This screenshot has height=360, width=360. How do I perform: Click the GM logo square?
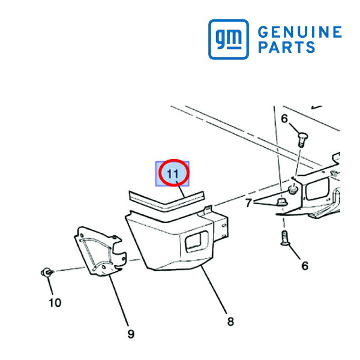229,40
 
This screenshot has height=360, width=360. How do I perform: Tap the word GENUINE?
300,32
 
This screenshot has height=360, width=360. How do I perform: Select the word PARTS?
287,47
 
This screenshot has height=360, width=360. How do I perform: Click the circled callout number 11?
173,174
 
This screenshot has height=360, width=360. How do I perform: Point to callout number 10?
55,303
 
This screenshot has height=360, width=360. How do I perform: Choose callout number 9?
131,334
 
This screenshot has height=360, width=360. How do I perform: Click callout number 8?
230,322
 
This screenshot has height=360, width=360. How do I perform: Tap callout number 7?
248,203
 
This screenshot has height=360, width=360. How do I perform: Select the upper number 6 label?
284,119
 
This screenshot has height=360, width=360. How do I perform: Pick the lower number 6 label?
305,266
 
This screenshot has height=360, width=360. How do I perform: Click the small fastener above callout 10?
47,272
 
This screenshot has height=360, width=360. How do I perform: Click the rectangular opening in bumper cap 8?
197,241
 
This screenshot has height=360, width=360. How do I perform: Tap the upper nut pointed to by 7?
293,190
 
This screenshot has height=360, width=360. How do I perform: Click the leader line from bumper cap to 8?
214,290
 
